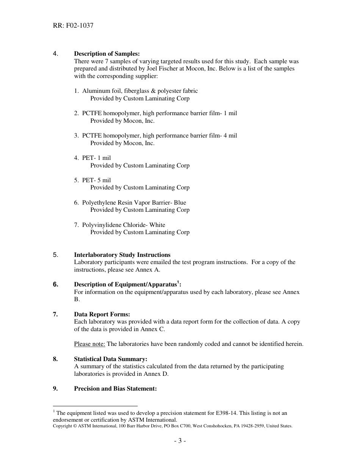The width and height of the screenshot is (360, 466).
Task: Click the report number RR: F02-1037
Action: [x=73, y=26]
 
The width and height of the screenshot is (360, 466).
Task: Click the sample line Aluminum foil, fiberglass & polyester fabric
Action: [x=140, y=91]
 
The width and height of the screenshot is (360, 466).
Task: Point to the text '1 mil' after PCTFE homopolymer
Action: [x=231, y=113]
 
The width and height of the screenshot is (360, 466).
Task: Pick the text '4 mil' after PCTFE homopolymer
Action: [x=231, y=136]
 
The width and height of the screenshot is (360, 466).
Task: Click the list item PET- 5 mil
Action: [x=96, y=180]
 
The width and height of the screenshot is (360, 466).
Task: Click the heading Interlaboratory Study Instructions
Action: [x=122, y=255]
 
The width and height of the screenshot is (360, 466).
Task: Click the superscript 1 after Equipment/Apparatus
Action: [x=178, y=282]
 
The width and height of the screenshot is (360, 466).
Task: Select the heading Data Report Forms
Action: [x=102, y=314]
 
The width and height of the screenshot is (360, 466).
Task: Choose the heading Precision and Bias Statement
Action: [x=115, y=389]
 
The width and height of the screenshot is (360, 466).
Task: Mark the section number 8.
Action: [x=55, y=359]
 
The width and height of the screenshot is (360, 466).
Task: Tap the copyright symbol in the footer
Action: [x=74, y=426]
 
